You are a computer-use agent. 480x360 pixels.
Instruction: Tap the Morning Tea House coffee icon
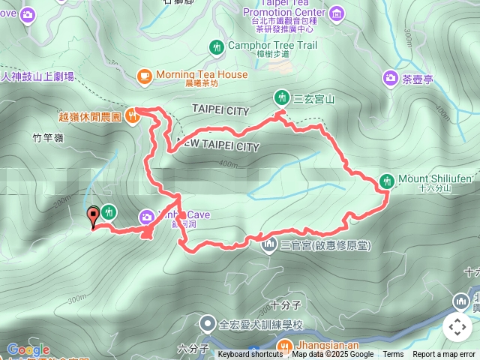pos(145,75)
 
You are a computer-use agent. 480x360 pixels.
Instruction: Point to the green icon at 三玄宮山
pos(281,97)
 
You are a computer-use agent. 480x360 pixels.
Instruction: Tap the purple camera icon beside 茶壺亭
pos(390,77)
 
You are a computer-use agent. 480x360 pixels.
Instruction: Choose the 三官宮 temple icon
pos(268,245)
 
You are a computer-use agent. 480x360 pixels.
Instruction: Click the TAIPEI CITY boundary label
pos(220,110)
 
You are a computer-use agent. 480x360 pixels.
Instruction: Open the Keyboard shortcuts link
pos(251,355)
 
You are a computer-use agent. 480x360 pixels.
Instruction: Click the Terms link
pos(393,355)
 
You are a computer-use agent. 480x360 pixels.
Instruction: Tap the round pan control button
pos(457,327)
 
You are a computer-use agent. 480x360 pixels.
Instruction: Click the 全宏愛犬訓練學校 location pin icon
pos(208,325)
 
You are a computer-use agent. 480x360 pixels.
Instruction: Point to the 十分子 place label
pos(286,305)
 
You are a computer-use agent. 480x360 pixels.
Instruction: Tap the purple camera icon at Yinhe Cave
pos(145,217)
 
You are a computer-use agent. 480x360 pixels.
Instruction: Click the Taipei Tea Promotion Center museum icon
pos(335,13)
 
